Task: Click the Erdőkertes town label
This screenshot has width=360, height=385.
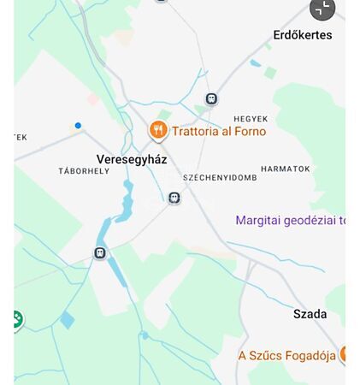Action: coord(302,35)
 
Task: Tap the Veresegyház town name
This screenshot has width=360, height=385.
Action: coord(132,159)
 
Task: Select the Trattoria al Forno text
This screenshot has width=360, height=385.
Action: coord(219,131)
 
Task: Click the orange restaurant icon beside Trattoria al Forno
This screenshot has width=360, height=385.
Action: coord(157,130)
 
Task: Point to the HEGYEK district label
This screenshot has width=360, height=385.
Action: coord(251,119)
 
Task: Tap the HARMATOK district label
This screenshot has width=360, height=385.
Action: coord(285,169)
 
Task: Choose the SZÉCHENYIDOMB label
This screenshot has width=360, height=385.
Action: coord(220,178)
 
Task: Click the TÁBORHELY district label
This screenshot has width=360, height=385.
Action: coord(84,171)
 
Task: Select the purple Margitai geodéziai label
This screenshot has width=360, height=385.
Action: coord(290,220)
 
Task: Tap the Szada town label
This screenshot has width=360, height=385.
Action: coord(310,314)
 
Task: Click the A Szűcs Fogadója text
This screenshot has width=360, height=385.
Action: coord(286,355)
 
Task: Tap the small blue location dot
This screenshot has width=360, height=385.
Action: coord(78,126)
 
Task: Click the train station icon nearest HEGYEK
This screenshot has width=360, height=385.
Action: coord(211,99)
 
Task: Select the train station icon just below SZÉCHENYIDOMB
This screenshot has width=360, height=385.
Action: coord(174,198)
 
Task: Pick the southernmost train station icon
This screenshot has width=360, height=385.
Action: coord(100,253)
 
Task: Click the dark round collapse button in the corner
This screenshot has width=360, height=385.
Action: coord(322,9)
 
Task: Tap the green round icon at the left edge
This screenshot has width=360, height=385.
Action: coord(15,320)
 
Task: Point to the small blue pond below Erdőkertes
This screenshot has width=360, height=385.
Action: coord(255,62)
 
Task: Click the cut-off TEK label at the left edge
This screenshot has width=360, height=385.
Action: coord(21,137)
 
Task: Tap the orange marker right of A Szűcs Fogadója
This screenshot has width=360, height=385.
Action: coord(344,354)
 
